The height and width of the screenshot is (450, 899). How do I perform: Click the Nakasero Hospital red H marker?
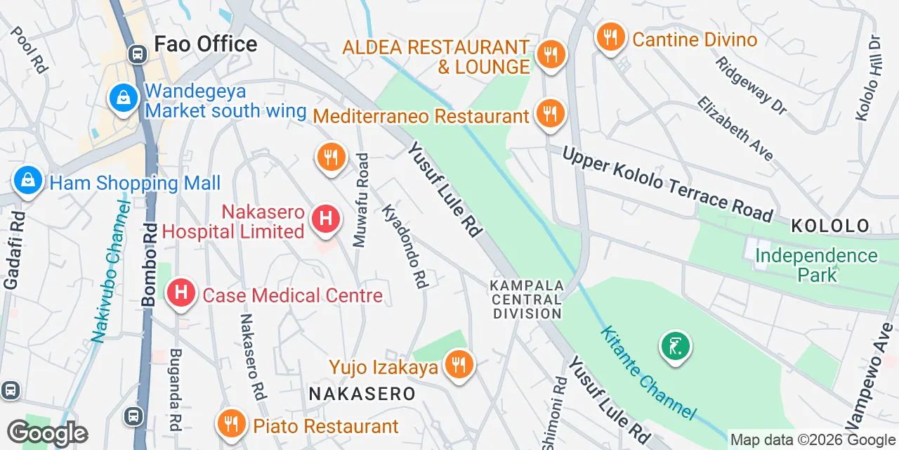pos(325,219)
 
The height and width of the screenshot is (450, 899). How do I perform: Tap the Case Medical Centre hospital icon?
pos(181,292)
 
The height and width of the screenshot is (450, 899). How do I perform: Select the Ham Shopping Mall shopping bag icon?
pos(27,181)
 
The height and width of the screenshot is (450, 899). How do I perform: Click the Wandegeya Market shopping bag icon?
pos(124,98)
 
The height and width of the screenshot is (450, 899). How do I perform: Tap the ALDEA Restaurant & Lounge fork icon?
pos(551,53)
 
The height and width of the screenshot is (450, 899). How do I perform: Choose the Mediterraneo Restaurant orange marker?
pos(550,112)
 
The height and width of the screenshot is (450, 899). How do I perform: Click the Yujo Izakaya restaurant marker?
pos(458,364)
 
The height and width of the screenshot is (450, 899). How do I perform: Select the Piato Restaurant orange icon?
pos(230,423)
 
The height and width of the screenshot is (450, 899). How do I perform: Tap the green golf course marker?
pos(675,346)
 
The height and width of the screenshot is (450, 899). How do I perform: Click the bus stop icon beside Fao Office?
pos(138,53)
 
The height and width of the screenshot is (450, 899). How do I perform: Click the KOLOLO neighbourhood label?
pos(830,226)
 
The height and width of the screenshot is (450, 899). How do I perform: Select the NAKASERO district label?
pos(362,393)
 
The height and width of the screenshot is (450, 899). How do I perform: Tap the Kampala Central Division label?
pos(527,300)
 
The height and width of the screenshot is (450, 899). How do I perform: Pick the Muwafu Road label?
pos(361,200)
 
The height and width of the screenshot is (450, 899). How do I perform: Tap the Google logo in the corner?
pos(47,433)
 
